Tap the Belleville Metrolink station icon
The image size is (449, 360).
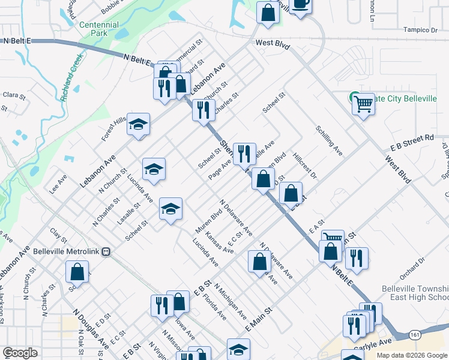106,251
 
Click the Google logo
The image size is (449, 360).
20,353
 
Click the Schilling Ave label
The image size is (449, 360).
329,140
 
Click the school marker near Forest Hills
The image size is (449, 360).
139,124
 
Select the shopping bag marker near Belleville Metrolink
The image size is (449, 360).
78,271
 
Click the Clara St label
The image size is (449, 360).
14,95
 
